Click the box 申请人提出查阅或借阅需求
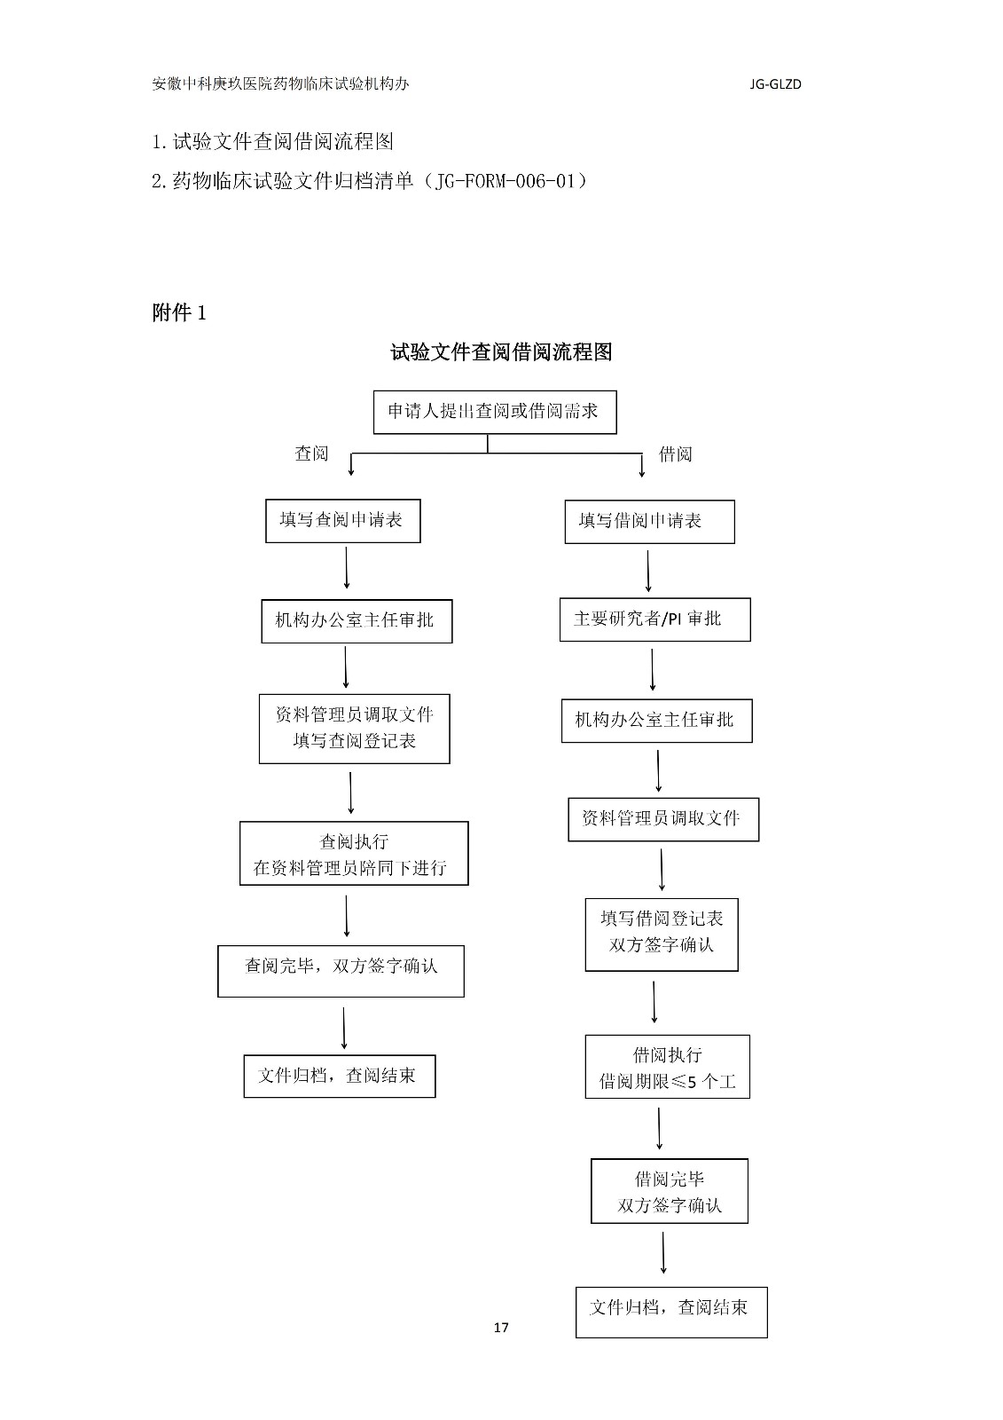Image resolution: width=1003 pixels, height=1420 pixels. (494, 412)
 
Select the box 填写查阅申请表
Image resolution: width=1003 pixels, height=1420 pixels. (342, 521)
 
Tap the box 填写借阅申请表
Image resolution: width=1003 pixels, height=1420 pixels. (649, 522)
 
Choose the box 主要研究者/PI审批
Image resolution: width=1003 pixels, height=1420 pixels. (654, 619)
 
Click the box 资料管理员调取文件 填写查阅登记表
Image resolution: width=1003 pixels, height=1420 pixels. (354, 729)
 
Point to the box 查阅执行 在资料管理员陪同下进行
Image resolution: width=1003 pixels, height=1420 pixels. (353, 854)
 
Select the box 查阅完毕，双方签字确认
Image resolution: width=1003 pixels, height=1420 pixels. (341, 970)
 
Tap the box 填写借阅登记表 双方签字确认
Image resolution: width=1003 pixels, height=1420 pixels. (661, 935)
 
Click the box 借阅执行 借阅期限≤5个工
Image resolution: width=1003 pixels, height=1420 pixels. (667, 1067)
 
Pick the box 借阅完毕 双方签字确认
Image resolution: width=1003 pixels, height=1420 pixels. (669, 1191)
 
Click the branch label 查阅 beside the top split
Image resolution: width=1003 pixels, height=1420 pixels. (311, 454)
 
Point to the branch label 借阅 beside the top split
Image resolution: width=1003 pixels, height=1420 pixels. (675, 454)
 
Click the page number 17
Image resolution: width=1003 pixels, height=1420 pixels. (501, 1328)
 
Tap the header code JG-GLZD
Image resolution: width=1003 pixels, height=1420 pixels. (775, 85)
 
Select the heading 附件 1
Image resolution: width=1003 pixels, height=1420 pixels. (179, 312)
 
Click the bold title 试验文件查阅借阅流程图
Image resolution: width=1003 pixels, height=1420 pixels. (501, 352)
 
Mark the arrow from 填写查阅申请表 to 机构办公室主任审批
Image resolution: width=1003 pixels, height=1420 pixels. (346, 568)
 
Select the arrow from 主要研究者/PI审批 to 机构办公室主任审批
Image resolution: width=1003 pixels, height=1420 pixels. (653, 669)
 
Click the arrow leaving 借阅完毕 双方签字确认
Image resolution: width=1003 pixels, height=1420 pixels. (663, 1252)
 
